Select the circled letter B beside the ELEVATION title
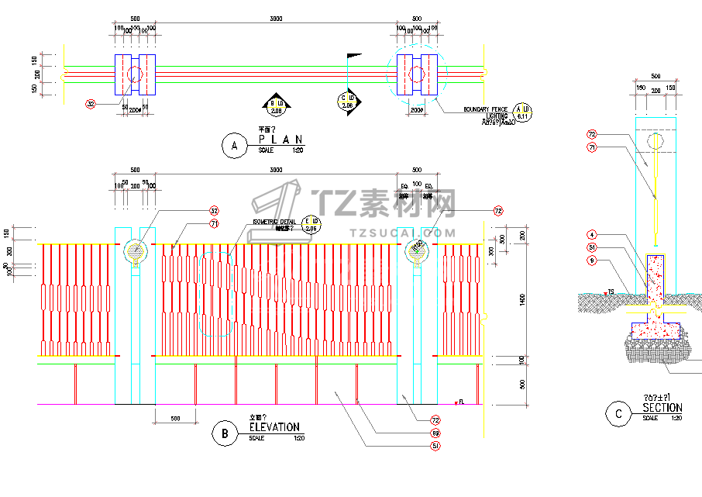(x=225, y=433)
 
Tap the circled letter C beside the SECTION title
(x=618, y=413)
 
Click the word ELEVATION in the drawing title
(x=274, y=426)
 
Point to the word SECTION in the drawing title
(x=662, y=408)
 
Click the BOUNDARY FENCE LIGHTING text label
(x=486, y=113)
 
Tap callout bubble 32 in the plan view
(x=91, y=103)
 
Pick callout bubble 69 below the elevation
(x=435, y=433)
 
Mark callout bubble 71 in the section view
(x=591, y=147)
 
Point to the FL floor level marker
(x=460, y=402)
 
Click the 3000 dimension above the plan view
(x=275, y=18)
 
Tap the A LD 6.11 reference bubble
(x=523, y=112)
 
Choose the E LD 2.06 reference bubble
(x=311, y=224)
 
